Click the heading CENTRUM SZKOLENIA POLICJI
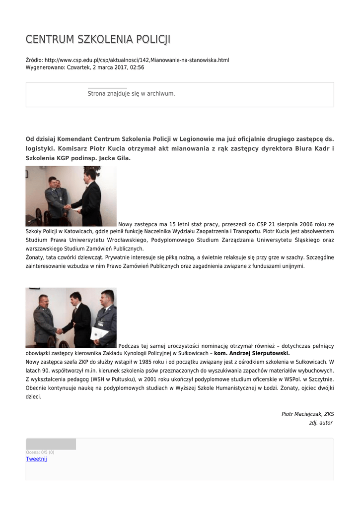pyautogui.click(x=98, y=40)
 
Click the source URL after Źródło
pyautogui.click(x=137, y=60)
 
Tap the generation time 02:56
pyautogui.click(x=137, y=67)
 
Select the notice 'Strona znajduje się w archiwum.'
pyautogui.click(x=131, y=93)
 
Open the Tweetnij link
pyautogui.click(x=36, y=459)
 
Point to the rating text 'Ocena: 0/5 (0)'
pyautogui.click(x=40, y=452)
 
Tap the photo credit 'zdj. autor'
pyautogui.click(x=320, y=423)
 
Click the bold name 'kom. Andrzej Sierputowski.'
pyautogui.click(x=252, y=353)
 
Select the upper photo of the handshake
pyautogui.click(x=71, y=196)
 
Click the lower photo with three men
pyautogui.click(x=71, y=317)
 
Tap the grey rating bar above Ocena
pyautogui.click(x=51, y=444)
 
